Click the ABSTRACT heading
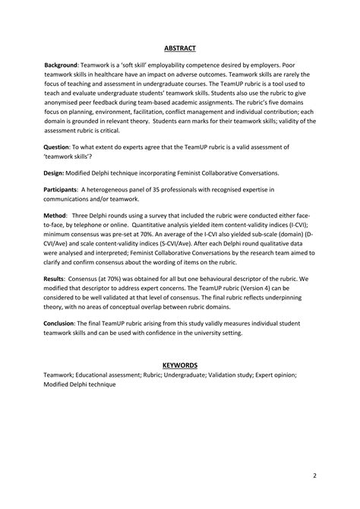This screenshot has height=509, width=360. tap(180, 49)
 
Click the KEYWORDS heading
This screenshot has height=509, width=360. tap(180, 365)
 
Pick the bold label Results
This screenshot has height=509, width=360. tap(58, 280)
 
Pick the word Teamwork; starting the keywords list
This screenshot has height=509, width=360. tap(64, 375)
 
